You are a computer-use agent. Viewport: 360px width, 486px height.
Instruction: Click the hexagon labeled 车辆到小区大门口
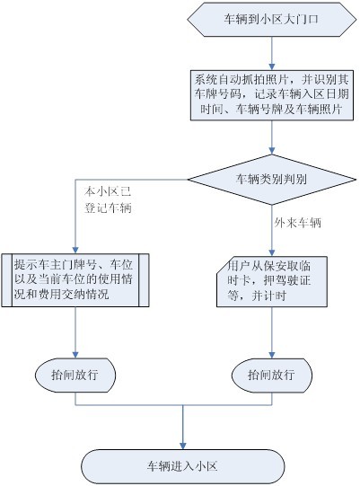[272, 20]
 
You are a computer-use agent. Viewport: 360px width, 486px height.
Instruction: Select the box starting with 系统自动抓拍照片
[272, 95]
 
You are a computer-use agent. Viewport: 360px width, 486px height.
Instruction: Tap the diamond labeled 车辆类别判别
[272, 180]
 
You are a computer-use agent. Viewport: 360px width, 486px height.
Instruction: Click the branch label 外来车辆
[297, 223]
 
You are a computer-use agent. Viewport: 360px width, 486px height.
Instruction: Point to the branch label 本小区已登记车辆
[108, 199]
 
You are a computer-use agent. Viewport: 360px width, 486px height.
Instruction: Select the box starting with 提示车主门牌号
[75, 280]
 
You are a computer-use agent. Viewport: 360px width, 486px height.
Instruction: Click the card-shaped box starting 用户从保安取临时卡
[272, 282]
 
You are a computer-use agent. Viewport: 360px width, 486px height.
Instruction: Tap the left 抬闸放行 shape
[75, 376]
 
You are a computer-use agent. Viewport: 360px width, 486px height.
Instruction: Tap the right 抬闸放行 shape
[272, 376]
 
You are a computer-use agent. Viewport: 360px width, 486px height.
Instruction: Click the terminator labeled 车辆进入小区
[183, 466]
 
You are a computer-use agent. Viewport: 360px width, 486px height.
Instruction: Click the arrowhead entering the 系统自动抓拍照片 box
[272, 66]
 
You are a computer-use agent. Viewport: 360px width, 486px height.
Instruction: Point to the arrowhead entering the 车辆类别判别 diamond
[272, 151]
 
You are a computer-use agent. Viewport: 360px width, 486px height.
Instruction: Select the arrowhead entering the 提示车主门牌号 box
[75, 250]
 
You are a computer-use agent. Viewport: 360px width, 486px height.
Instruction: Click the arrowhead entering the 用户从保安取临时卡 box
[272, 253]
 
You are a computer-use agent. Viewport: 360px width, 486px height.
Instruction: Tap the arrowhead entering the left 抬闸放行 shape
[75, 355]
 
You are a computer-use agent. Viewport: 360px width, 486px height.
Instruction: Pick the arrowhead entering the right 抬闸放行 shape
[272, 355]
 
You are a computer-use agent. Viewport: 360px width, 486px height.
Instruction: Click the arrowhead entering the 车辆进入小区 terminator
[183, 446]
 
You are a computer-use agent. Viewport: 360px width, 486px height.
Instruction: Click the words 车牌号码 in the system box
[218, 94]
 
